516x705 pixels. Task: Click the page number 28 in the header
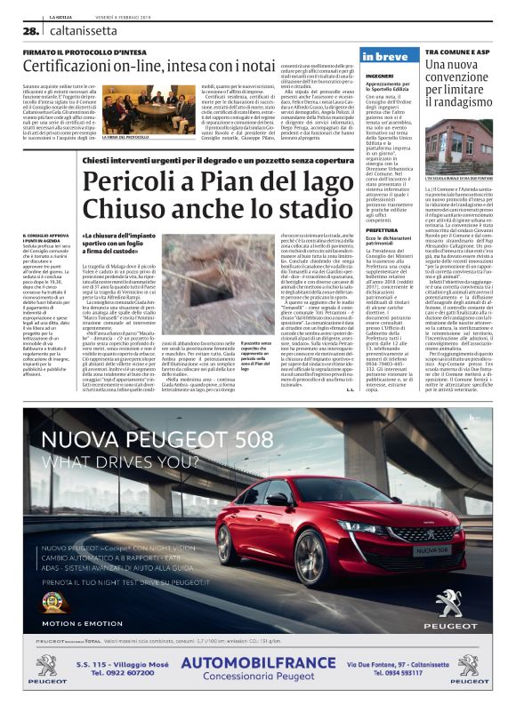pyautogui.click(x=28, y=29)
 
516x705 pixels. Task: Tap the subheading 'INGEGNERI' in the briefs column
pyautogui.click(x=376, y=76)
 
